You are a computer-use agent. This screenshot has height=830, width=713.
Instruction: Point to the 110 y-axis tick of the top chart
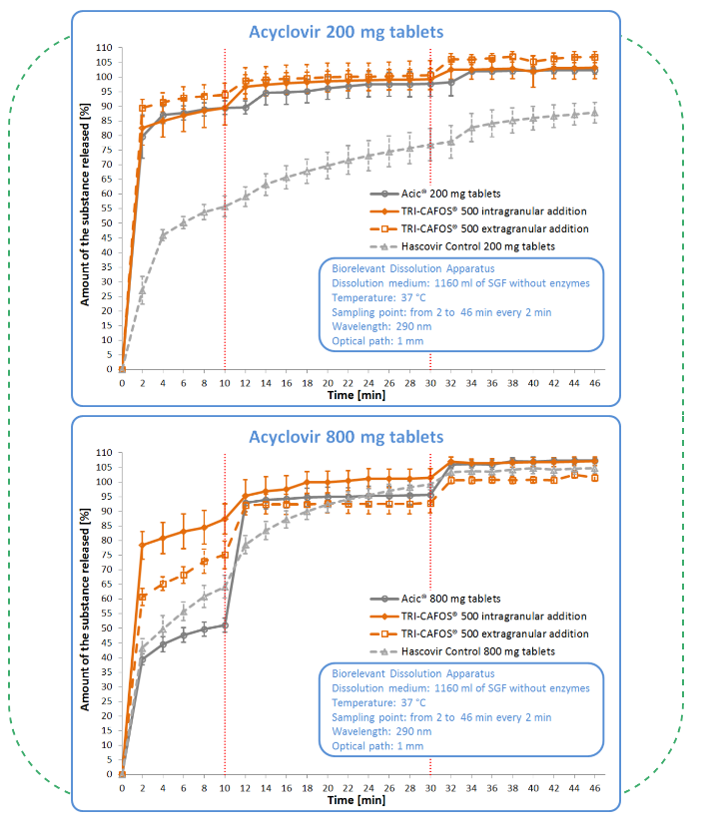coord(104,48)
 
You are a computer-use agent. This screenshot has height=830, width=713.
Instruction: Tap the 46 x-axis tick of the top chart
coord(595,382)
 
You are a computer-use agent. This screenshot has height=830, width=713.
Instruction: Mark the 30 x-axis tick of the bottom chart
coord(430,787)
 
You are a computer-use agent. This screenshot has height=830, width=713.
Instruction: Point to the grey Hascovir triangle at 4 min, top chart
coord(163,235)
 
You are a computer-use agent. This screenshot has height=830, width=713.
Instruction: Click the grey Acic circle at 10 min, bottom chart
coord(225,625)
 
